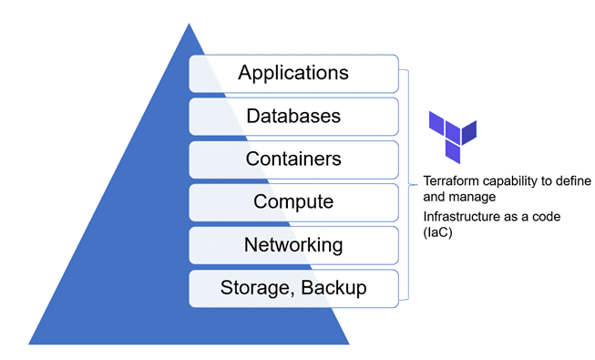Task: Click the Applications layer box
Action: click(x=293, y=73)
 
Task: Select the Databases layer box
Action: click(x=293, y=116)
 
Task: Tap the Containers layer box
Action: click(x=293, y=159)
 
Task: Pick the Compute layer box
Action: click(x=293, y=201)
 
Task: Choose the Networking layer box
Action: click(x=293, y=244)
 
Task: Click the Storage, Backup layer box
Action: click(x=293, y=288)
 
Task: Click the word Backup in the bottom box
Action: click(x=334, y=288)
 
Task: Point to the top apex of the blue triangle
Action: click(x=189, y=24)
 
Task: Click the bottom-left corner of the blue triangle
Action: click(x=29, y=344)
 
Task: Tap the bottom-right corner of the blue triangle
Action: click(x=349, y=344)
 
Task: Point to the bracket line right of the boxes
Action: click(x=408, y=182)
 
